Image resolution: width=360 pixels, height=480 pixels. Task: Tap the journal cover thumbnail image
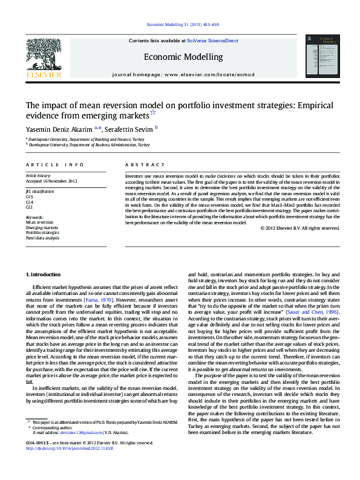pyautogui.click(x=321, y=57)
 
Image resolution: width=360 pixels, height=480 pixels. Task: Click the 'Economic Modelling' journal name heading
pyautogui.click(x=183, y=57)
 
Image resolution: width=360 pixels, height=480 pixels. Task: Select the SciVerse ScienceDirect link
pyautogui.click(x=212, y=41)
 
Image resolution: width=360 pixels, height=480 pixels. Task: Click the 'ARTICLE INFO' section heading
pyautogui.click(x=55, y=164)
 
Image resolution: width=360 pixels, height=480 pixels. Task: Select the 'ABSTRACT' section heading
pyautogui.click(x=145, y=164)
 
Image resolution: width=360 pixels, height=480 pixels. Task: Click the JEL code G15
pyautogui.click(x=30, y=197)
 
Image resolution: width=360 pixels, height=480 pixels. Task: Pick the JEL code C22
pyautogui.click(x=30, y=207)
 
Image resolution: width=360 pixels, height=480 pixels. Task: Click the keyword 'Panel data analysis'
pyautogui.click(x=42, y=238)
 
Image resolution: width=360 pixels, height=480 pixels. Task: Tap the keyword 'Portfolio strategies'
pyautogui.click(x=42, y=232)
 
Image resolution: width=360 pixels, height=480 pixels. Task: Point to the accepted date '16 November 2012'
pyautogui.click(x=61, y=181)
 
